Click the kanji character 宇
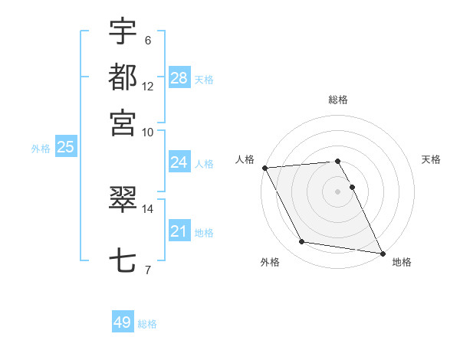(x=123, y=31)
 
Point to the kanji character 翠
(x=123, y=201)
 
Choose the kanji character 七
(x=123, y=260)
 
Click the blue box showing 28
(x=179, y=78)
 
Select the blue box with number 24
(x=179, y=162)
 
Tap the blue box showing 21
(x=179, y=231)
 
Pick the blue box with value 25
(x=65, y=147)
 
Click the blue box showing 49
(x=123, y=322)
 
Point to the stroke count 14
(x=148, y=207)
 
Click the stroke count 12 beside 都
(x=148, y=86)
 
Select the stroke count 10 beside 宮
(x=148, y=131)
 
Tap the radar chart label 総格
(x=338, y=100)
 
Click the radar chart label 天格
(x=431, y=159)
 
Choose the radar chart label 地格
(x=402, y=262)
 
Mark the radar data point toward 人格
(x=264, y=168)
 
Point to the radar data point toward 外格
(x=302, y=243)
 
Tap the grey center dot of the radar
(x=338, y=191)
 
